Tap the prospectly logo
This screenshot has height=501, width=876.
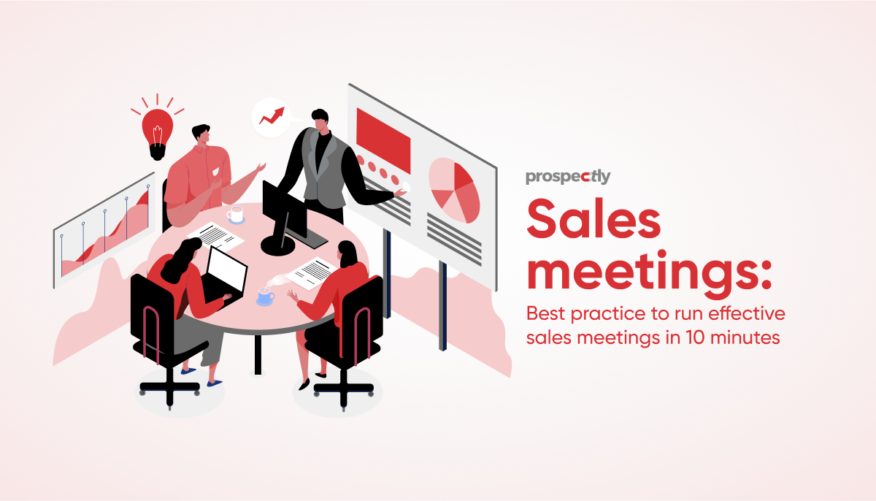[568, 177]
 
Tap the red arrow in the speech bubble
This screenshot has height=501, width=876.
[272, 116]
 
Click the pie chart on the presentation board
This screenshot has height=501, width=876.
[454, 191]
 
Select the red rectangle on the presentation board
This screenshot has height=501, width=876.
[383, 140]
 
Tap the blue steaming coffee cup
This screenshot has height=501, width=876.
[266, 297]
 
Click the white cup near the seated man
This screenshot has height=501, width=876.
[235, 214]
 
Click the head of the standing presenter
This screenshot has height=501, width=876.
[320, 120]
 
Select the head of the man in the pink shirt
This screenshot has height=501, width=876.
[201, 134]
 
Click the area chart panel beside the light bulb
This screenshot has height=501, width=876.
[104, 229]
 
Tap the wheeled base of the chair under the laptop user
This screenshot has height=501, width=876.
[169, 389]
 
